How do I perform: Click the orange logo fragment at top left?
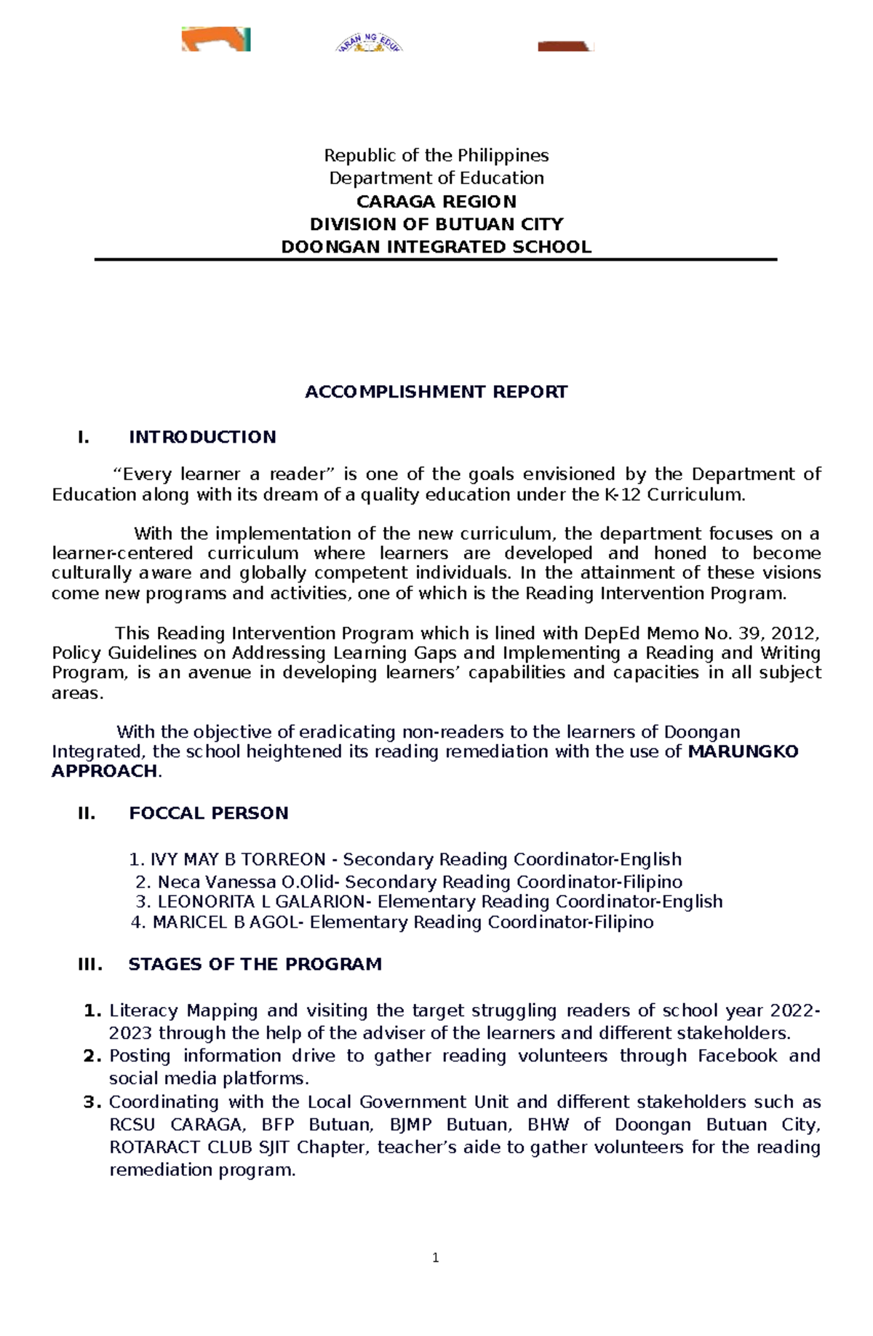point(216,39)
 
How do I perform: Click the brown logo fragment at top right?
point(565,46)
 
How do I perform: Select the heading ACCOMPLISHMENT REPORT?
point(436,392)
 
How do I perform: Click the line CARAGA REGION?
point(436,202)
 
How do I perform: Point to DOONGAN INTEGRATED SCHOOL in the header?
point(436,247)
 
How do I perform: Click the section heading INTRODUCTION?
point(202,437)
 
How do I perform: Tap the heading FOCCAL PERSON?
point(208,813)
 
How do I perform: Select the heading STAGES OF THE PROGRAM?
point(255,964)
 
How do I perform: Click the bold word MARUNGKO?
point(743,751)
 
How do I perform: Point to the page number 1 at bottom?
point(435,1258)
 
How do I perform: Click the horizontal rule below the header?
point(436,259)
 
